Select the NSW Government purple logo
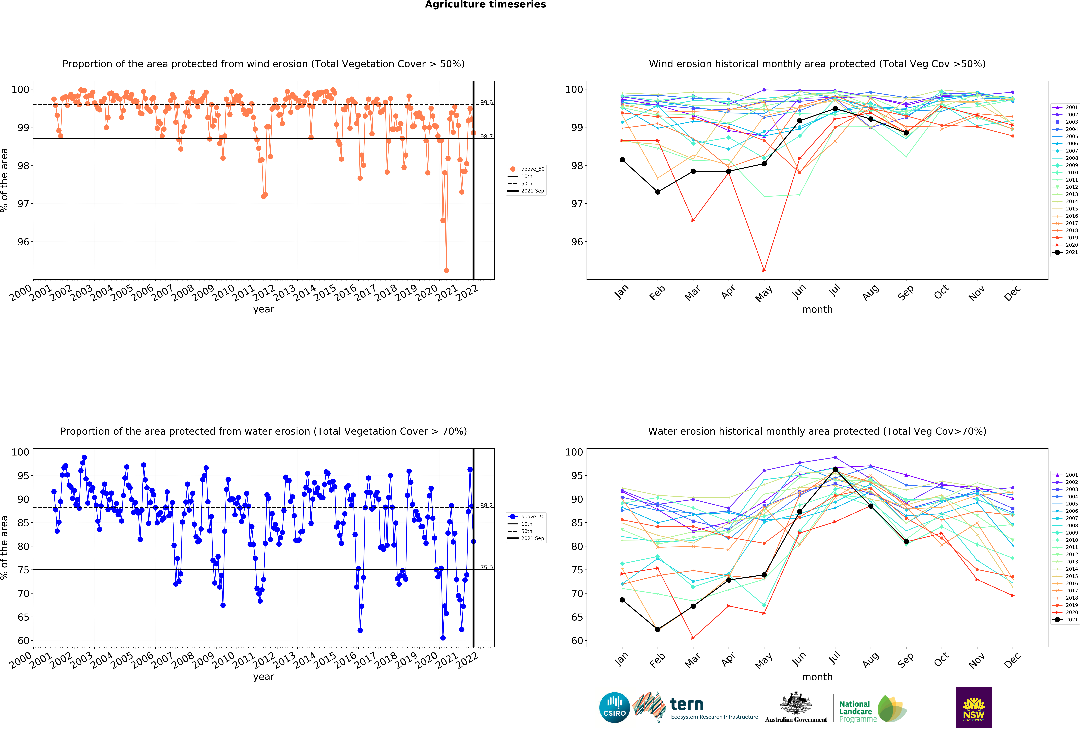point(974,707)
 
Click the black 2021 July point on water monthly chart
point(835,470)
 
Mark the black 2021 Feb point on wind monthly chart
point(658,192)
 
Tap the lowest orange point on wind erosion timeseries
point(446,270)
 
